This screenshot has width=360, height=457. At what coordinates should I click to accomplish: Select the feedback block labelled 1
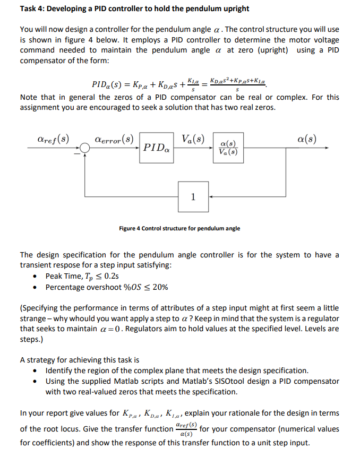pyautogui.click(x=193, y=196)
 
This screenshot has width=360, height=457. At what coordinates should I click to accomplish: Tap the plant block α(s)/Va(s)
pyautogui.click(x=228, y=148)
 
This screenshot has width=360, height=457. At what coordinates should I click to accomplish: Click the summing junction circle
pyautogui.click(x=85, y=149)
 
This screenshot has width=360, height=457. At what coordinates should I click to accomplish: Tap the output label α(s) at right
pyautogui.click(x=307, y=140)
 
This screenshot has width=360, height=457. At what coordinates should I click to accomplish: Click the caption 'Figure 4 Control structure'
pyautogui.click(x=179, y=228)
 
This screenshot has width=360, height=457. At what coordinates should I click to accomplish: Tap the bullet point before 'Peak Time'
pyautogui.click(x=35, y=276)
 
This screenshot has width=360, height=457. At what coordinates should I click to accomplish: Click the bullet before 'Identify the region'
pyautogui.click(x=35, y=370)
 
